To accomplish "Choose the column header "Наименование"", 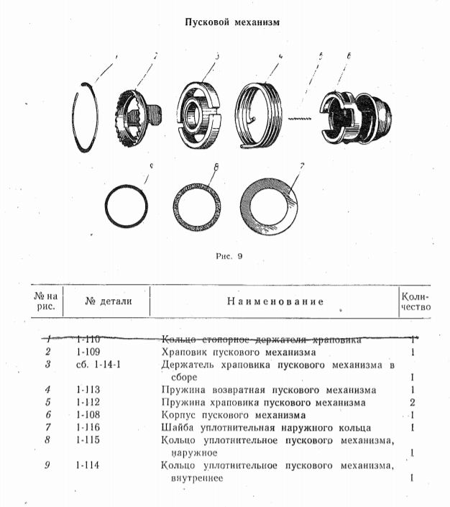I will tap(275, 301).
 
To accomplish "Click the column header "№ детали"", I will tap(108, 301).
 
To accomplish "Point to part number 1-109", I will tap(88, 352).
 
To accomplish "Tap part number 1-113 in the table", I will tap(88, 390).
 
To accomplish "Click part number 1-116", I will tap(88, 428).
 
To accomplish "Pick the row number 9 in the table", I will tap(47, 465).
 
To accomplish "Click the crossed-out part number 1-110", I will tap(88, 338).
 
